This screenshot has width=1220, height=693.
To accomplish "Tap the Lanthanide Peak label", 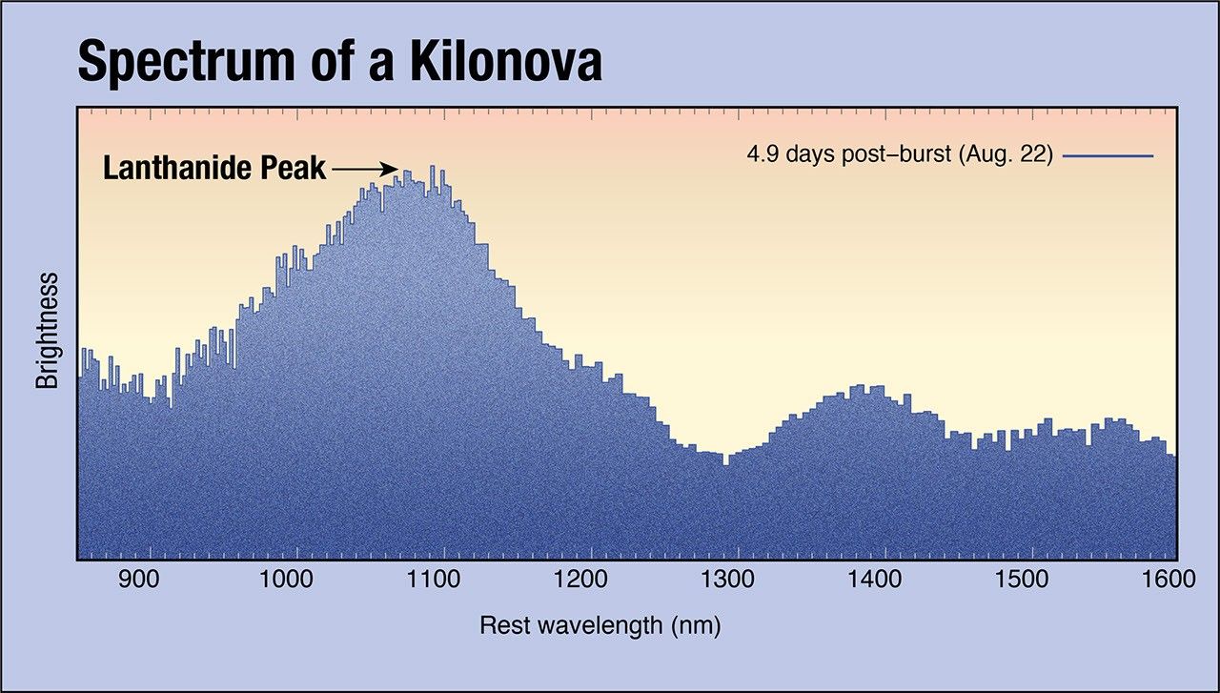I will pos(214,170).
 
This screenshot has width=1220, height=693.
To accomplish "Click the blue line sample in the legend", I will pos(1108,154).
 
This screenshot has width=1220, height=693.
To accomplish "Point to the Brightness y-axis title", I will pos(47,330).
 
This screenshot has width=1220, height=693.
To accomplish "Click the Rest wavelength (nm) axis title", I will pos(600,626).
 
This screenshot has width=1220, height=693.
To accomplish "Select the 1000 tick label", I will pos(297,579).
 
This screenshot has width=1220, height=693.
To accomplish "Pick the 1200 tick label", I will pos(591,579).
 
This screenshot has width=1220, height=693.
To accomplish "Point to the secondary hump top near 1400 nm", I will pos(856,387).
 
